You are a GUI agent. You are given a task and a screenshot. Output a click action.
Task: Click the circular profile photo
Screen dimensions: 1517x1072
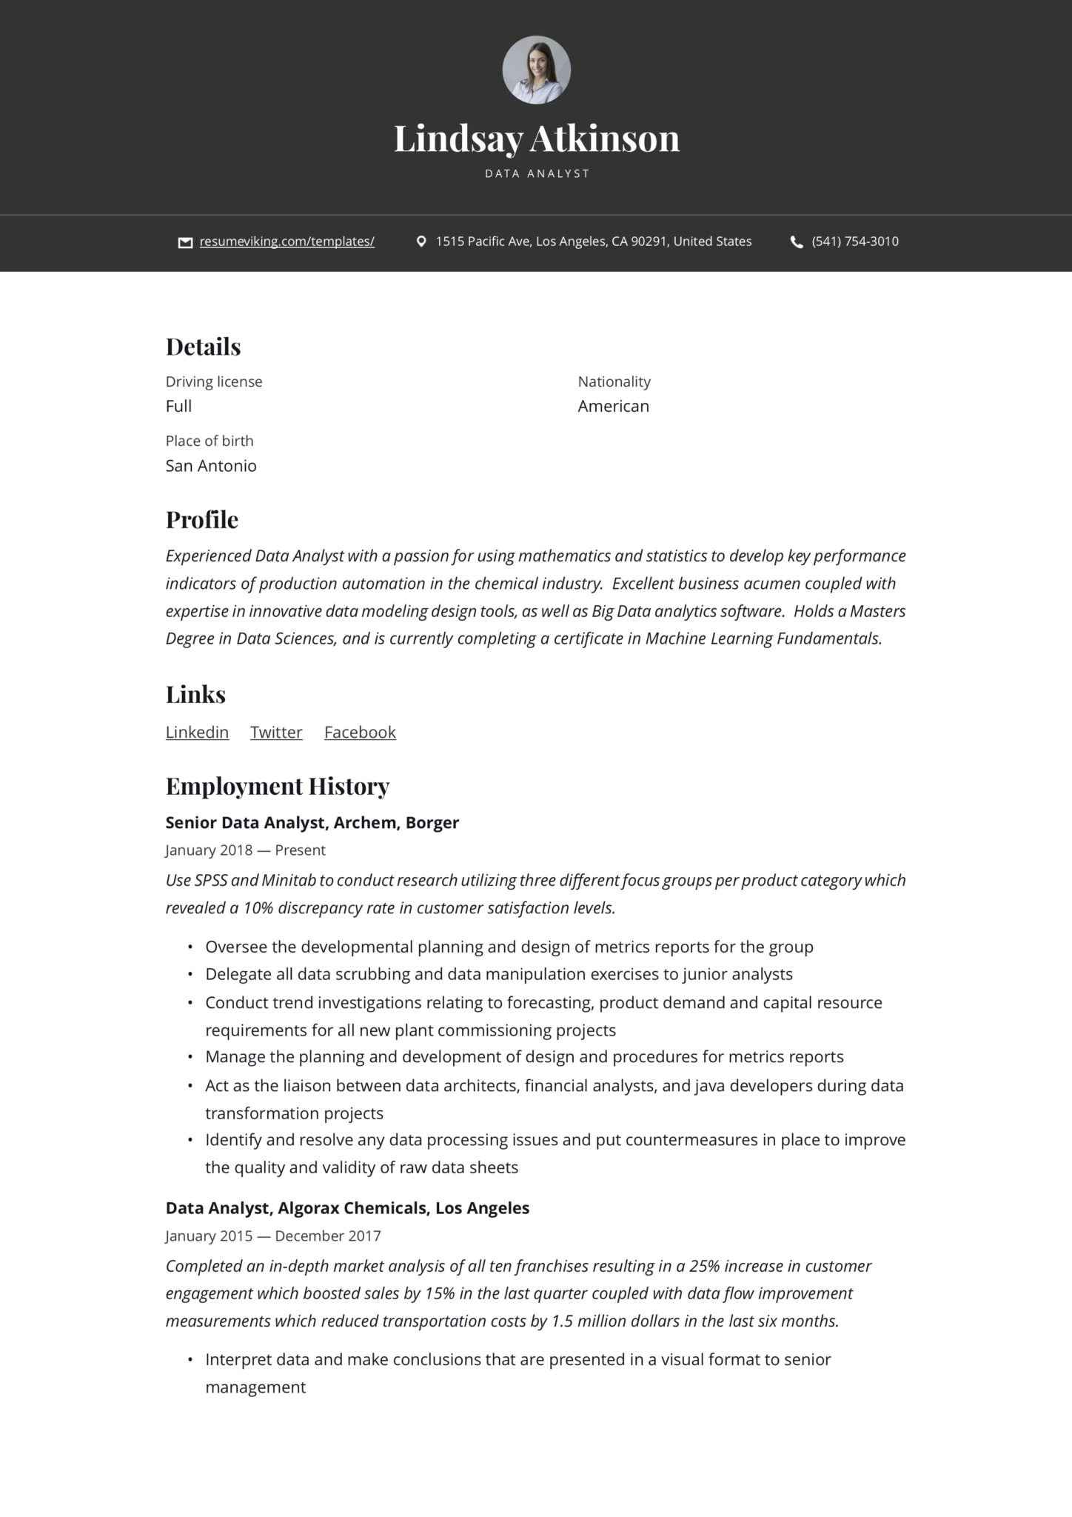[x=536, y=70]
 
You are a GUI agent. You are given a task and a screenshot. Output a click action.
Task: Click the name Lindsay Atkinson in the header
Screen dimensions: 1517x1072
[x=536, y=139]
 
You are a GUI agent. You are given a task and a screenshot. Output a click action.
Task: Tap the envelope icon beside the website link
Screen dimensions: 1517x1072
[x=185, y=242]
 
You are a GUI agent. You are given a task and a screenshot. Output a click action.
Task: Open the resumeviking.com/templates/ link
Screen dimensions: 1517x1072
[x=287, y=241]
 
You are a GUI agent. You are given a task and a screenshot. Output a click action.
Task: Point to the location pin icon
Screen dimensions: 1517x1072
[x=421, y=241]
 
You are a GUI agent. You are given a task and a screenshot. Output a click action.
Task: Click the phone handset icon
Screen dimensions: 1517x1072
[x=797, y=242]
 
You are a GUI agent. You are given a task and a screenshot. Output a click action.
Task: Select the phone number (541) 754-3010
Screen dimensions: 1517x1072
[x=855, y=241]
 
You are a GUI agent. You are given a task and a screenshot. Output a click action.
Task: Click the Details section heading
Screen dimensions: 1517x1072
[x=203, y=347]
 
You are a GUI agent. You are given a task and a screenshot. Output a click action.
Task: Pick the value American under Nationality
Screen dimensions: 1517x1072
[x=613, y=406]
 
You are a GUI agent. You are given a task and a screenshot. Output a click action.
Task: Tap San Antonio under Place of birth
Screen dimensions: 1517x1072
[x=211, y=466]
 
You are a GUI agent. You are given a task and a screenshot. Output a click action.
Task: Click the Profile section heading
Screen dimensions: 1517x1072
[x=201, y=520]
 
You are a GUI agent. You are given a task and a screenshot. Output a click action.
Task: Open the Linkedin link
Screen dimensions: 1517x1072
[x=197, y=733]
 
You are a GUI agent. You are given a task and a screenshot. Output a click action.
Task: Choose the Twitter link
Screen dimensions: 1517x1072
[x=276, y=733]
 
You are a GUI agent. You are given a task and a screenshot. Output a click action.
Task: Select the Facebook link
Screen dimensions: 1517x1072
[x=360, y=733]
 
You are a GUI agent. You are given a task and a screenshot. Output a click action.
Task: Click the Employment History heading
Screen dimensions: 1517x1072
[x=277, y=787]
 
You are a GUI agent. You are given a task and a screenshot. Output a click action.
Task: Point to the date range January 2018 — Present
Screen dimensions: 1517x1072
[x=245, y=850]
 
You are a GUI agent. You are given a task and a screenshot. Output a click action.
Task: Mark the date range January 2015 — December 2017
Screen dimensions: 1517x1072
[x=273, y=1236]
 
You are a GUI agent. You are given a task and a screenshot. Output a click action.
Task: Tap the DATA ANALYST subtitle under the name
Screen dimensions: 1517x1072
[x=537, y=174]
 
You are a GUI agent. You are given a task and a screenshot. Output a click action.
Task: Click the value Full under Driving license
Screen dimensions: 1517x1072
[x=178, y=406]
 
